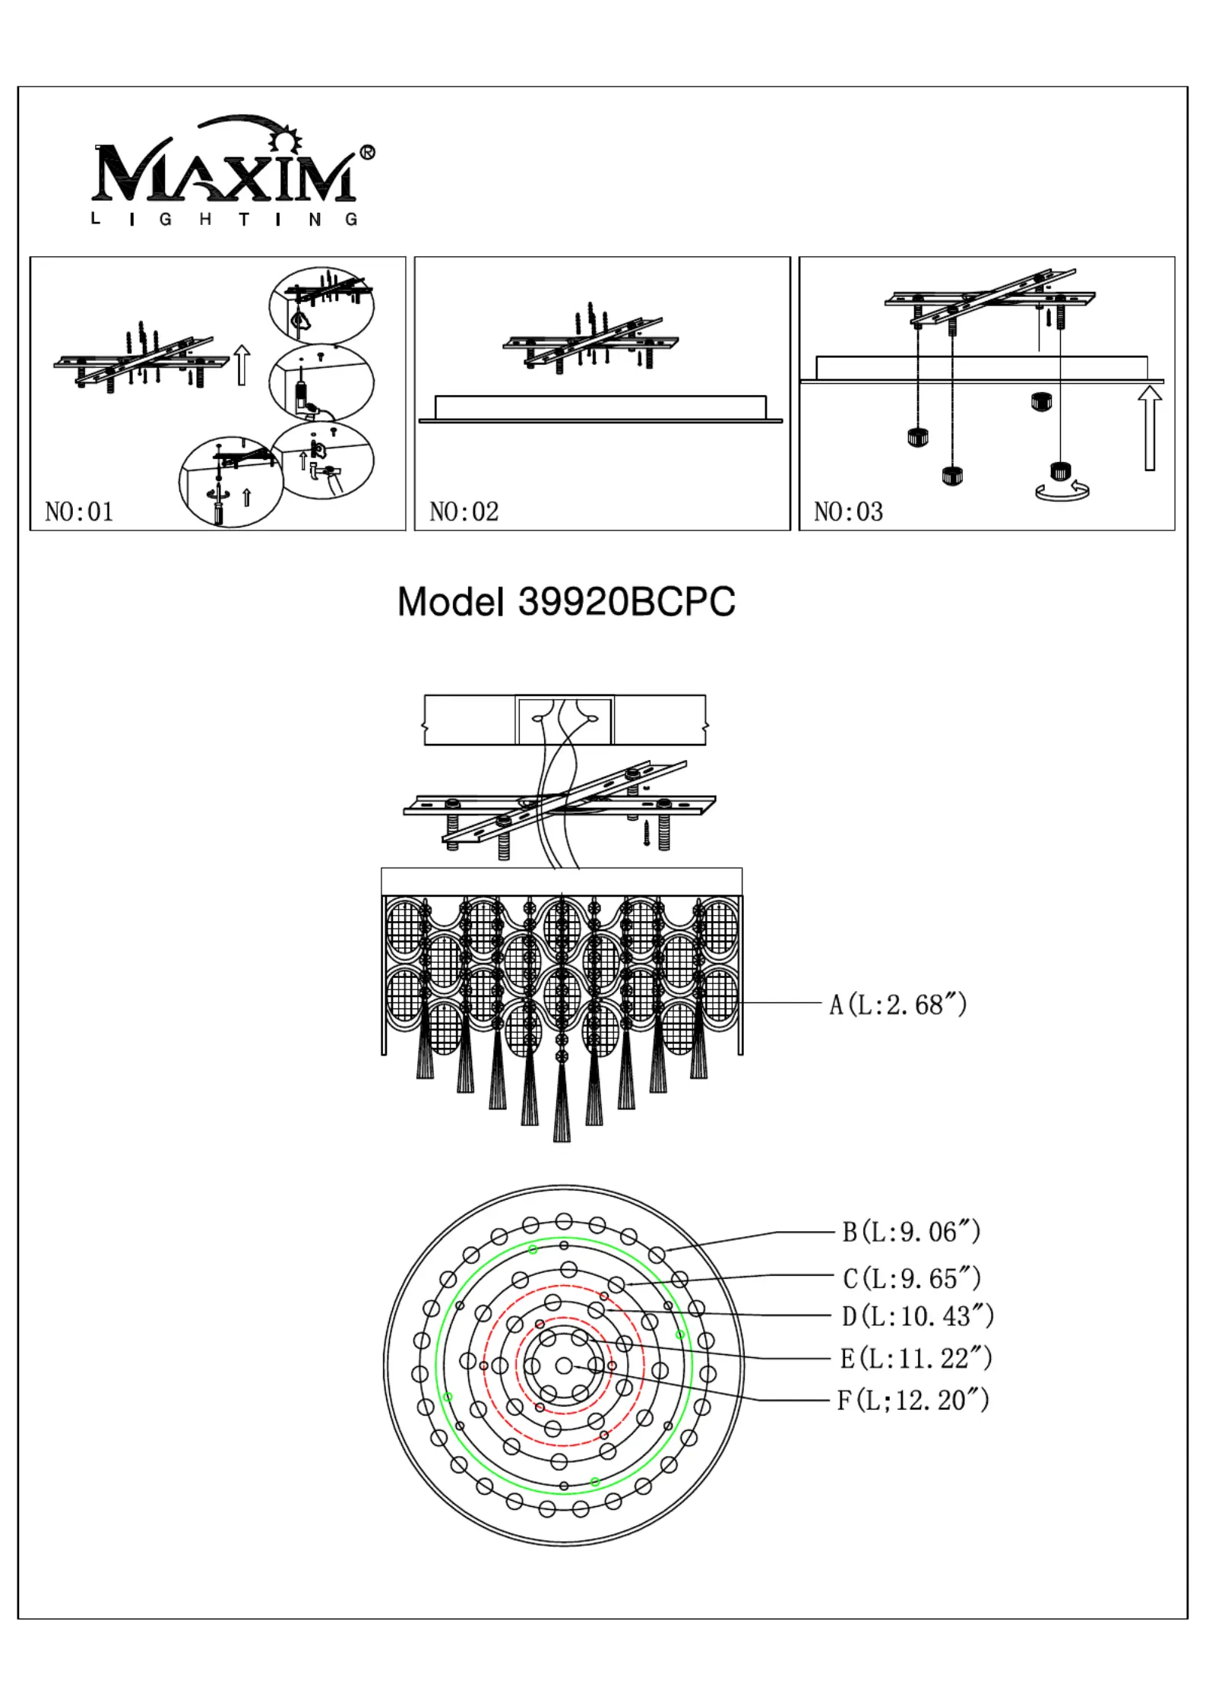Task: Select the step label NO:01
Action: pyautogui.click(x=79, y=511)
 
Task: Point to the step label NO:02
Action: pyautogui.click(x=464, y=511)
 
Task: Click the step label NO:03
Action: pyautogui.click(x=848, y=511)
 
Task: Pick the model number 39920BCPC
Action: pyautogui.click(x=626, y=602)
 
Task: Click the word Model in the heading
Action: pyautogui.click(x=451, y=602)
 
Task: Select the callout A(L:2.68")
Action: pyautogui.click(x=897, y=1005)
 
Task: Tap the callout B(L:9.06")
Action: pyautogui.click(x=911, y=1232)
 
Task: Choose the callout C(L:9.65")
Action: pyautogui.click(x=912, y=1278)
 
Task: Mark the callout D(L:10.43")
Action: pyautogui.click(x=917, y=1316)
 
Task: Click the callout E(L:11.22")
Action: pyautogui.click(x=916, y=1358)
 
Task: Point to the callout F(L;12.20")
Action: pyautogui.click(x=913, y=1400)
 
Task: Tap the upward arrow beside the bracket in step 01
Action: pyautogui.click(x=242, y=366)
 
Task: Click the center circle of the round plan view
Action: pyautogui.click(x=563, y=1366)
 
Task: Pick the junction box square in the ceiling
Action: pyautogui.click(x=564, y=720)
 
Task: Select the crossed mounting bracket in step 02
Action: pyautogui.click(x=590, y=342)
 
